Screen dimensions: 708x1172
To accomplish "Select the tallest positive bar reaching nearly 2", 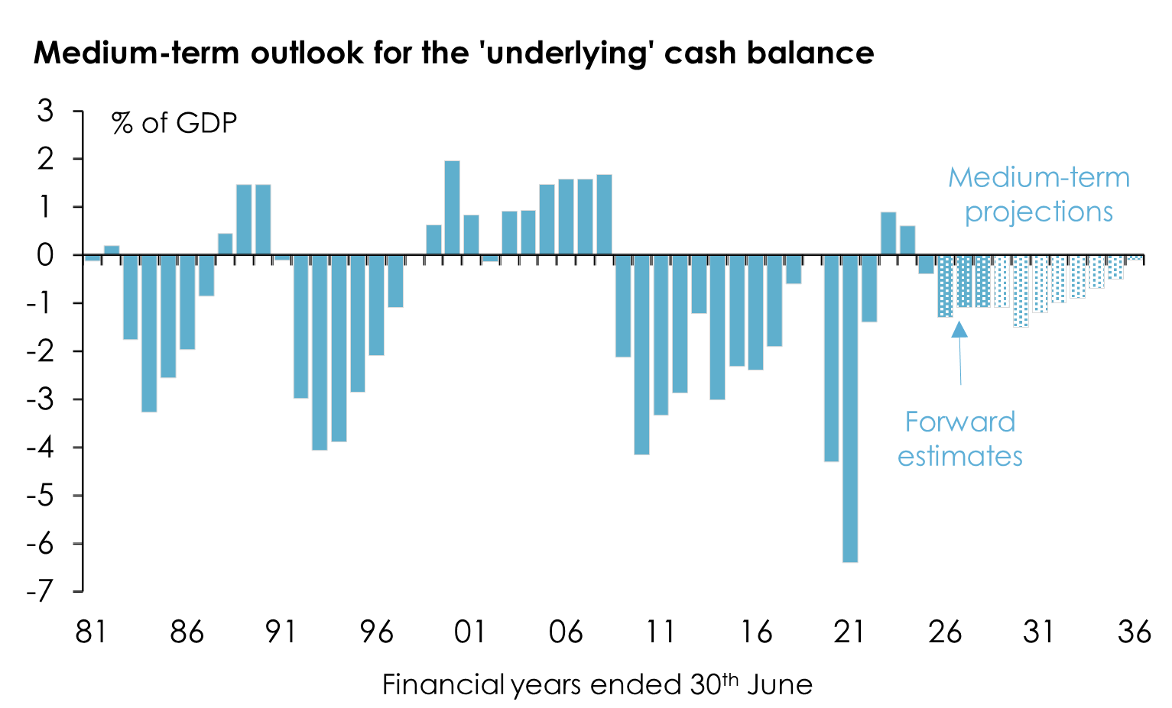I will click(452, 208).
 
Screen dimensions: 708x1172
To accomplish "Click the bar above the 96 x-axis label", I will click(376, 305).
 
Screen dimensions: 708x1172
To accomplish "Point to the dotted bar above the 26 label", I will click(945, 286).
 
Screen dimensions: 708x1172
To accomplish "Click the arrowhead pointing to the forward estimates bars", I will click(959, 329).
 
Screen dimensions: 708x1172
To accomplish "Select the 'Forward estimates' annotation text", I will click(959, 439).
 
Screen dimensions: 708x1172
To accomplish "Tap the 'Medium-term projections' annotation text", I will click(1038, 194).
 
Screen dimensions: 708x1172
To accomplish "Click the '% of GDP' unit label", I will click(174, 123).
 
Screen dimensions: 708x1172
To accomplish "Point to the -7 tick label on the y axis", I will click(40, 591).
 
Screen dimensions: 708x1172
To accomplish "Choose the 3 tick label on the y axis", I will click(46, 112).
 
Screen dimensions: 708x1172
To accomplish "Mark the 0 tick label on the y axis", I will click(46, 255).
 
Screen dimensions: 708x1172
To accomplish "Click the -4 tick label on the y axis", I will click(40, 448).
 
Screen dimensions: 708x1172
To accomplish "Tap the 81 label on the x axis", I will click(91, 632).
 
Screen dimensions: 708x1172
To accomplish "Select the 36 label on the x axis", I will click(1134, 632).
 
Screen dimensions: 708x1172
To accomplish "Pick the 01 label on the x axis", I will click(469, 632).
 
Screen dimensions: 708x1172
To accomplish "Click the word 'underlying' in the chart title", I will click(567, 53).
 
